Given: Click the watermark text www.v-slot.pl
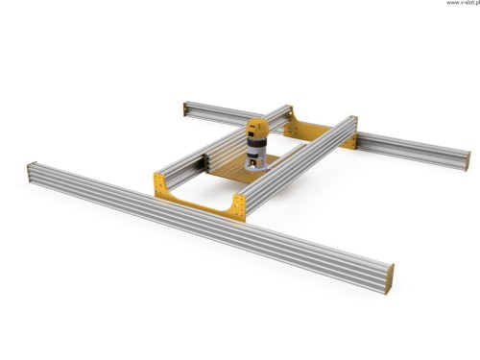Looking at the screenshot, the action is click(x=463, y=3).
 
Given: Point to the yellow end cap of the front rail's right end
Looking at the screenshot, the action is click(x=390, y=276).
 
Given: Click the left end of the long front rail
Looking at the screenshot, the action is click(x=29, y=173).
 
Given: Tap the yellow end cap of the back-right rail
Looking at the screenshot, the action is click(x=468, y=161).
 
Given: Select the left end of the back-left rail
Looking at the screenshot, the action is click(x=185, y=108).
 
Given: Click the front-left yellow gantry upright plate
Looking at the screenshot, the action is click(x=160, y=185).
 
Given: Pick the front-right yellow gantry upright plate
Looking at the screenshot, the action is click(x=239, y=206).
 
